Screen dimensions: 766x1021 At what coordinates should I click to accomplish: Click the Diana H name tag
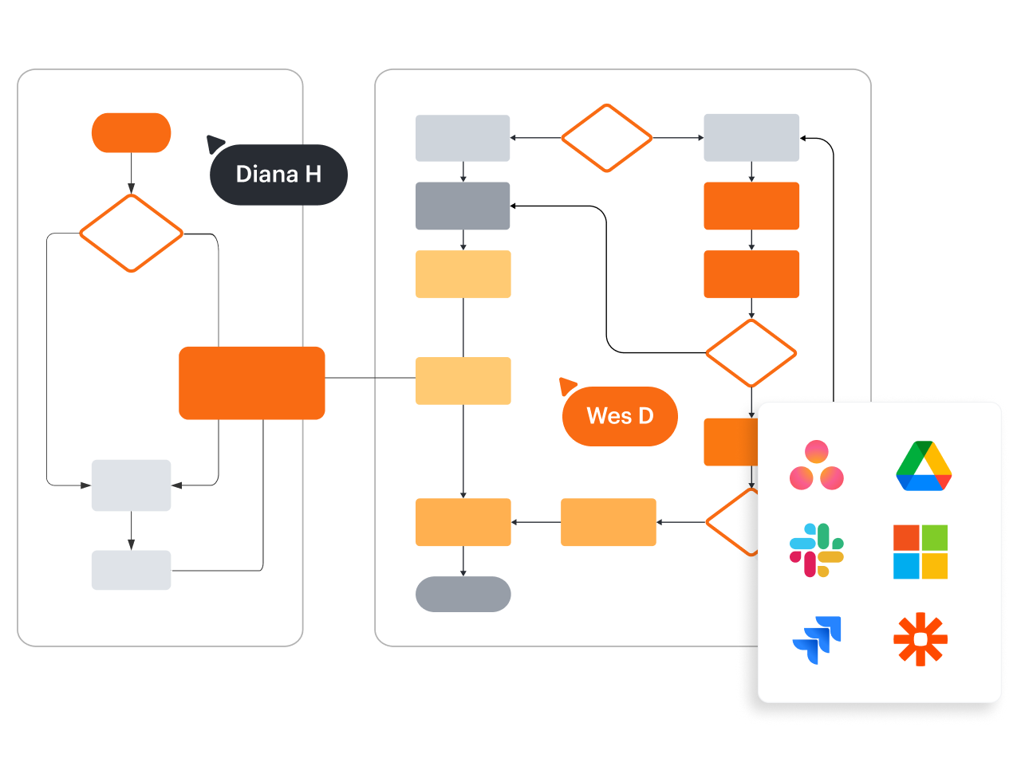pos(278,175)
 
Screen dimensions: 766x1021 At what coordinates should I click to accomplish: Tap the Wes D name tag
pos(620,416)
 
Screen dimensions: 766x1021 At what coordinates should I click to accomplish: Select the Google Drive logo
pos(924,465)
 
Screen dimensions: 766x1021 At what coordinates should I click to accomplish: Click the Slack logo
pos(816,550)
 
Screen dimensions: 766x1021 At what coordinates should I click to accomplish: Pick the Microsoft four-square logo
pos(920,552)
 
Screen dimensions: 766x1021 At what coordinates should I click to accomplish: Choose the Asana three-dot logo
pos(816,465)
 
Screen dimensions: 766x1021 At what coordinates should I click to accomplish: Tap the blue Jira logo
pos(818,640)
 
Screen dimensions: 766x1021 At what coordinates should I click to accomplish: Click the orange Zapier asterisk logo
pos(920,638)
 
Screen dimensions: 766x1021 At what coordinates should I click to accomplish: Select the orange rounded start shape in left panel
pos(132,133)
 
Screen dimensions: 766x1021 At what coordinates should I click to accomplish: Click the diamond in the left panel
pos(132,234)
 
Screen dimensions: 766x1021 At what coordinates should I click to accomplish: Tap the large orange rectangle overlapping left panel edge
pos(252,383)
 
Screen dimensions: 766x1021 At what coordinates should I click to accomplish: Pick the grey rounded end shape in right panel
pos(463,594)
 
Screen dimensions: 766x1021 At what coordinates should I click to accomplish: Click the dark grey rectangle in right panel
pos(463,206)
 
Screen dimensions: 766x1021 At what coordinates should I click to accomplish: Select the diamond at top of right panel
pos(607,138)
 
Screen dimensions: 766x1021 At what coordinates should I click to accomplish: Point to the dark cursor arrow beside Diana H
pos(215,143)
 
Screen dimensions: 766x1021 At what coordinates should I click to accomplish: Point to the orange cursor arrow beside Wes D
pos(567,386)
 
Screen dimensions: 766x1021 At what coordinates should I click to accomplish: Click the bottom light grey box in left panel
pos(132,570)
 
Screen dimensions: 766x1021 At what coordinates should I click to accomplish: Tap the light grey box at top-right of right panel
pos(751,138)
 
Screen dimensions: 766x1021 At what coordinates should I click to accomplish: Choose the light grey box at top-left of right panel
pos(463,138)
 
